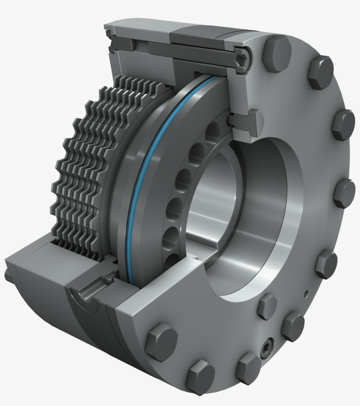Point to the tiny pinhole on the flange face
[x=306, y=291]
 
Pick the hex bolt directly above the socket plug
[x=267, y=306]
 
